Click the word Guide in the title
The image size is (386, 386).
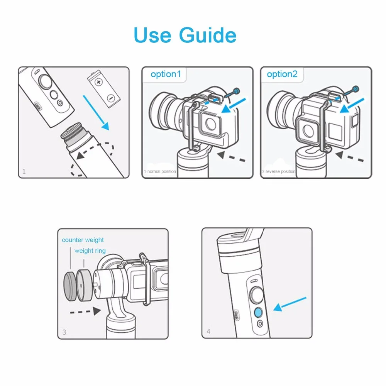click(208, 35)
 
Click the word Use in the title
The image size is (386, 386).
click(152, 35)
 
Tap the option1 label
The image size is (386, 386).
click(166, 74)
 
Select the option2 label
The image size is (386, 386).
click(282, 74)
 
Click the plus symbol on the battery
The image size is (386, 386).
click(99, 82)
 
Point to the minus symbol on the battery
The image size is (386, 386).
click(111, 98)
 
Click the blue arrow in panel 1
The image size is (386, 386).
click(96, 112)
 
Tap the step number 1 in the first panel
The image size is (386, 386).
click(24, 171)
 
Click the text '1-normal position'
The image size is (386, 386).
click(160, 171)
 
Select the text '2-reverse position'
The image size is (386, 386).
click(279, 171)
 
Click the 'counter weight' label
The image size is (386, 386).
click(83, 240)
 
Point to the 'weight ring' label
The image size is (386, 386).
click(90, 251)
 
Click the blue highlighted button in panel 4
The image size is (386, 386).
click(258, 312)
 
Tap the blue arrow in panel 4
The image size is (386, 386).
click(290, 304)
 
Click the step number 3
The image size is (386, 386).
click(64, 332)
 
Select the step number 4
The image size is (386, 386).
click(208, 331)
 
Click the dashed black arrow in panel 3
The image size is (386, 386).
click(85, 312)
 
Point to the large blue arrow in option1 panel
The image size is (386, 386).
click(234, 106)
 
